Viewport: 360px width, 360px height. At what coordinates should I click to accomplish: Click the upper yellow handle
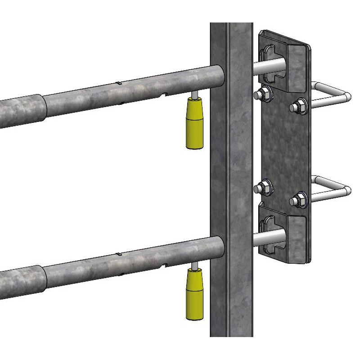pyautogui.click(x=194, y=124)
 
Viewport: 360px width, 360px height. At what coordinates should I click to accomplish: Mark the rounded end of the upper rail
pyautogui.click(x=218, y=76)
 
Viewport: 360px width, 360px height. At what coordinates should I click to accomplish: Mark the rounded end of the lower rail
pyautogui.click(x=218, y=247)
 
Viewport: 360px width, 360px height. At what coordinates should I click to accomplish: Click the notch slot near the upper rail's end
pyautogui.click(x=166, y=94)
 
